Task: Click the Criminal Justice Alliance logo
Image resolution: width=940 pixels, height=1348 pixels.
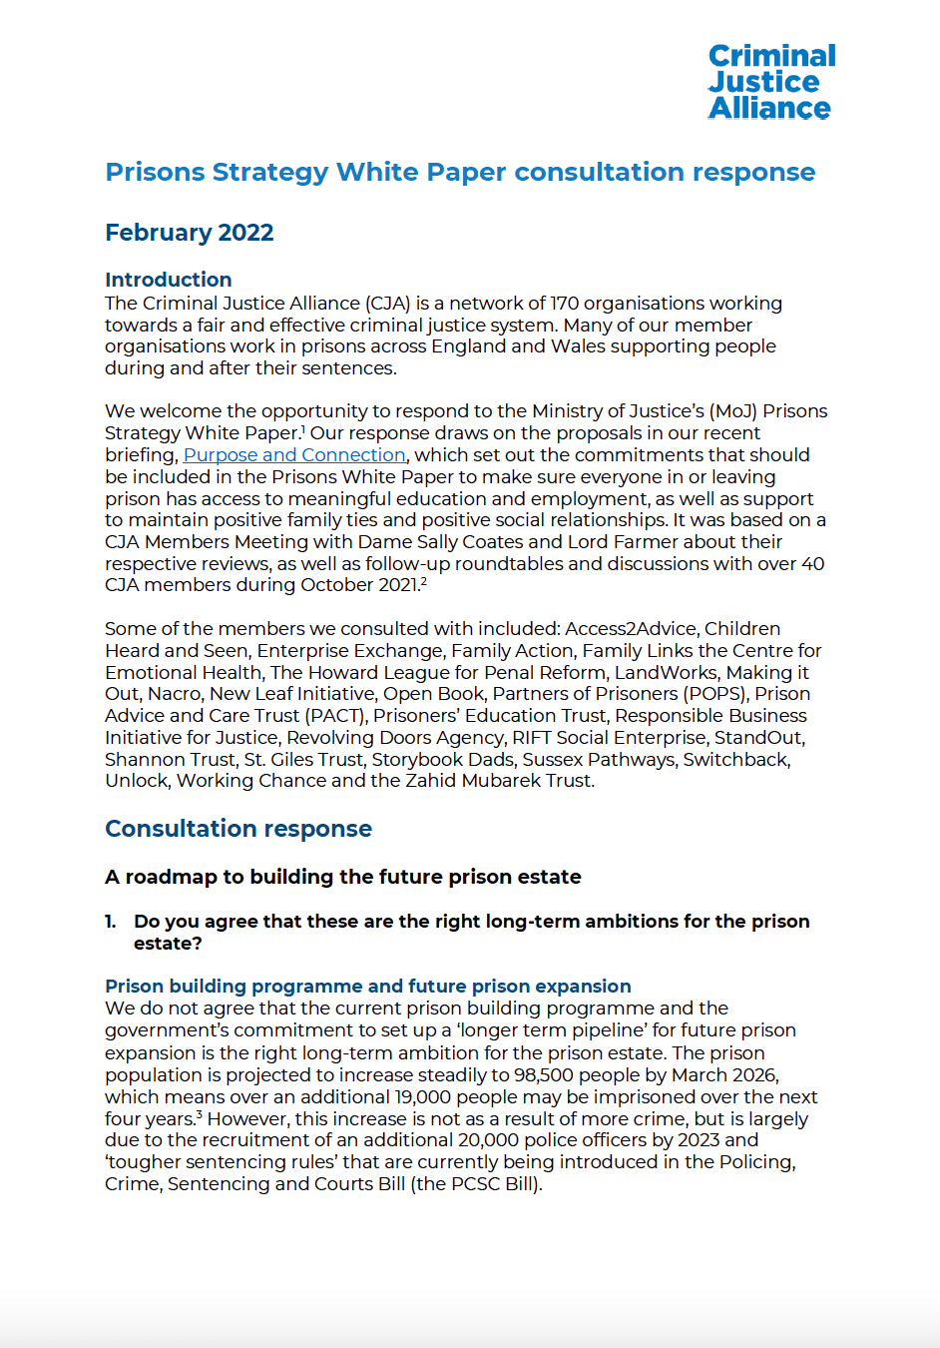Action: coord(771,82)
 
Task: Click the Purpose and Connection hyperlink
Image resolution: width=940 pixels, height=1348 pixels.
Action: coord(294,455)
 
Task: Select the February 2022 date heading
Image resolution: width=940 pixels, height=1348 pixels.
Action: coord(190,233)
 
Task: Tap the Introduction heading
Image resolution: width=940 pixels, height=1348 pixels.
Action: coord(169,280)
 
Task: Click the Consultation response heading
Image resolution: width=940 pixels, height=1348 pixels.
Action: coord(238,829)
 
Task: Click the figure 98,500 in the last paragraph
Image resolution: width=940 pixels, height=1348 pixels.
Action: coord(547,1075)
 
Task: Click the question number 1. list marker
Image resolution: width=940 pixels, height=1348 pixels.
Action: coord(111,922)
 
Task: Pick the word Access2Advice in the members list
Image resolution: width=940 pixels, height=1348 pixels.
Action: coord(631,629)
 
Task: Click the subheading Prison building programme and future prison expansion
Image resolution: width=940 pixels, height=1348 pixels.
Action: coord(368,987)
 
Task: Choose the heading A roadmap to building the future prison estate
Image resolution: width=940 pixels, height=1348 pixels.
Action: coord(343,877)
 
